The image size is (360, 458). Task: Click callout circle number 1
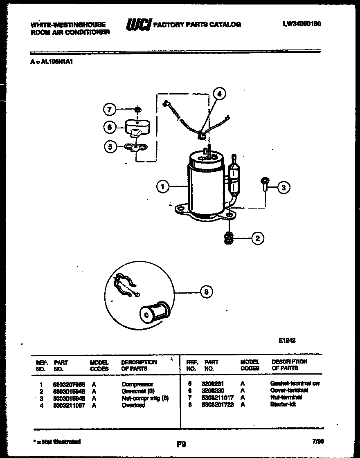pos(162,187)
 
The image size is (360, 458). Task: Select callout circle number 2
pos(257,238)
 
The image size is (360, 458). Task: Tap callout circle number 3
pos(283,188)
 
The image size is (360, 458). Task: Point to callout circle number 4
pos(220,94)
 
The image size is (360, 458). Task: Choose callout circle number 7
pos(109,110)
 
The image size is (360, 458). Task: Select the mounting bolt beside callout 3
pos(263,184)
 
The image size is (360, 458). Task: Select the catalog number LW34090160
pos(302,24)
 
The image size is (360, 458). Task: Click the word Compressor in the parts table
pos(137,384)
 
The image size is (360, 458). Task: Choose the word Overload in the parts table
pos(133,405)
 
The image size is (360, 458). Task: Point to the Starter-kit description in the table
pos(283,404)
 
